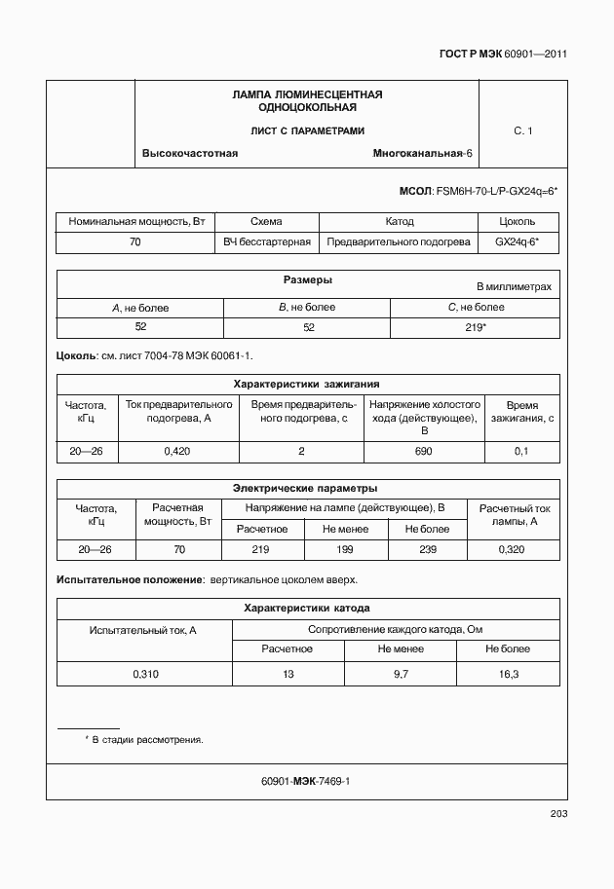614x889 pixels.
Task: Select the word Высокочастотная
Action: [190, 154]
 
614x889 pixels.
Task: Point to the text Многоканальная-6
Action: [422, 154]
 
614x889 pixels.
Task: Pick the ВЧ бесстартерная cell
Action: [267, 241]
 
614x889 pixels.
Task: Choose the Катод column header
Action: [400, 222]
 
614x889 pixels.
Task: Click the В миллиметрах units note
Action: [514, 287]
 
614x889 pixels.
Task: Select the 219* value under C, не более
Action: [476, 327]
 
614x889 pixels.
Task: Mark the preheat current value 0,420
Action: [176, 451]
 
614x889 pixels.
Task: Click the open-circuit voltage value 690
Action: [423, 451]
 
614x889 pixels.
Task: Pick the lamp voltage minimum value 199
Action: [344, 550]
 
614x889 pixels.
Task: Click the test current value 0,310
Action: [143, 674]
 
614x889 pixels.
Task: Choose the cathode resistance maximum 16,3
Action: [508, 674]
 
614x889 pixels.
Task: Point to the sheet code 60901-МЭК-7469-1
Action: [306, 781]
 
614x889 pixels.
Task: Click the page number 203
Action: [558, 814]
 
